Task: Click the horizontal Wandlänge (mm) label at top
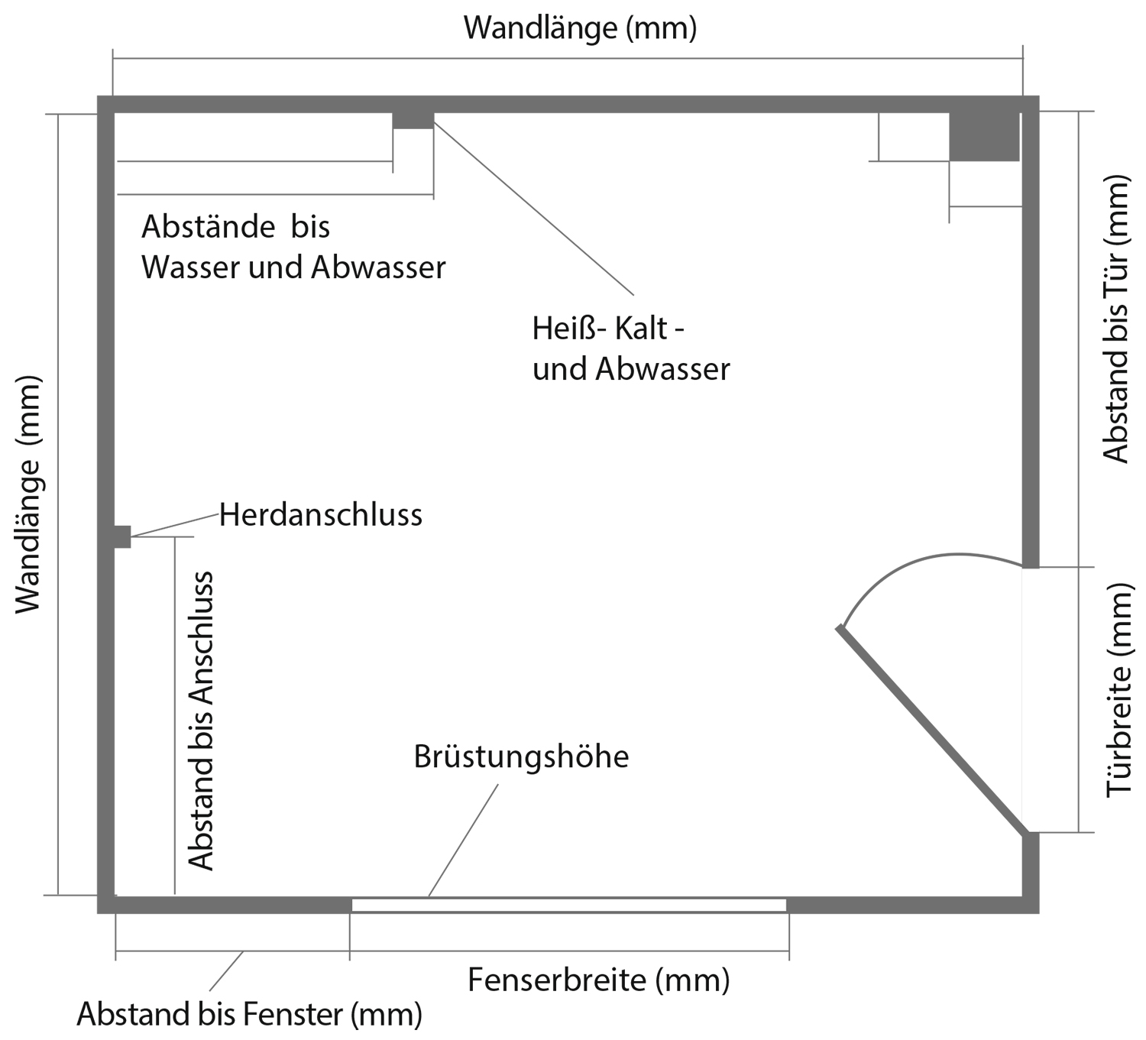tap(581, 28)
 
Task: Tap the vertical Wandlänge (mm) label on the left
tap(28, 495)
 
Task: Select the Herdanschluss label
tap(320, 515)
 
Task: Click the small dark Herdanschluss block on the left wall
tap(122, 536)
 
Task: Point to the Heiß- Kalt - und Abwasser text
tap(631, 348)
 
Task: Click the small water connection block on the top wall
tap(413, 121)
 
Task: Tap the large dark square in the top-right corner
tap(984, 137)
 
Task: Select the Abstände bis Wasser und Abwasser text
tap(293, 247)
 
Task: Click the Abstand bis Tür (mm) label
tap(1115, 319)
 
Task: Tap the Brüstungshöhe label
tap(521, 757)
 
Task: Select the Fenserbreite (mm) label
tap(599, 980)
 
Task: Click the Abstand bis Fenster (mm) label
tap(250, 1014)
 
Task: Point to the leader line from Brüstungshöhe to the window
tap(463, 840)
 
